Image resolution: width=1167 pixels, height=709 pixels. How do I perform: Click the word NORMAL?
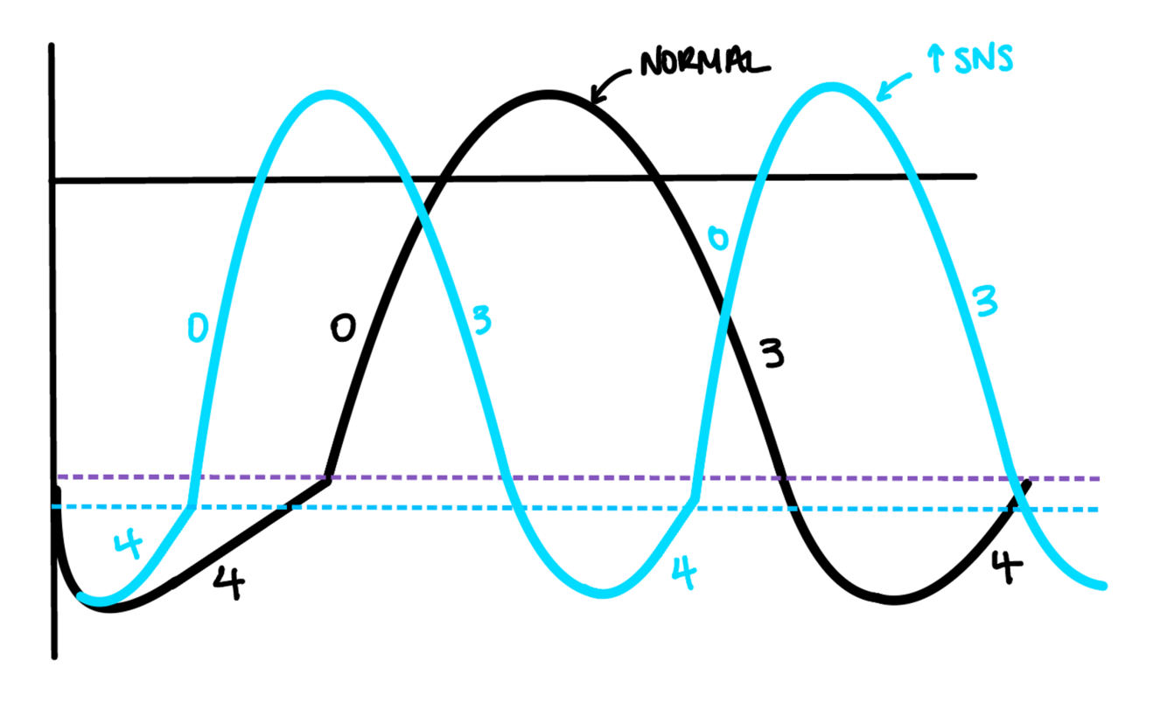[x=704, y=62]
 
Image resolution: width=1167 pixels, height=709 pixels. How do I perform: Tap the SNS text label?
[x=979, y=60]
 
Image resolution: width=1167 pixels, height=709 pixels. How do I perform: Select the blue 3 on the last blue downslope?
[x=986, y=301]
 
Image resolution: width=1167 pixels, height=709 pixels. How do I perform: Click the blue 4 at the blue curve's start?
[x=128, y=545]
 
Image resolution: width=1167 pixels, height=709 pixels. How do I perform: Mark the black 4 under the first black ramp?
[x=228, y=583]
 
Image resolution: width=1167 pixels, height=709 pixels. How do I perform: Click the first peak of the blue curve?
[x=328, y=93]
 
